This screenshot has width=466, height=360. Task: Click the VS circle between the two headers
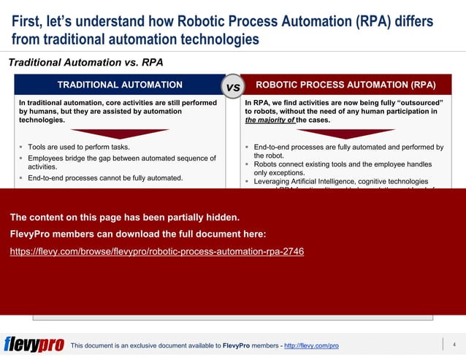coord(233,87)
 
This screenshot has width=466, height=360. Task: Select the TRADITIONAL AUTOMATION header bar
coord(120,85)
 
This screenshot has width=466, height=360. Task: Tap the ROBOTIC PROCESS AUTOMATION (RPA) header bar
coord(345,85)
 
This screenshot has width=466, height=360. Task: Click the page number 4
coord(454,344)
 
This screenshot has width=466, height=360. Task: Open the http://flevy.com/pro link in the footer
coord(311,345)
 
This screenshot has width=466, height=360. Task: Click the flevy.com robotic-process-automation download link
coord(157,251)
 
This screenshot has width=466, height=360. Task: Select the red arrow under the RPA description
coord(345,134)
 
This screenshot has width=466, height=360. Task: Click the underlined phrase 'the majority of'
coord(272,120)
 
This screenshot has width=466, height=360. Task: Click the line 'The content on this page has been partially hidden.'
coord(124,217)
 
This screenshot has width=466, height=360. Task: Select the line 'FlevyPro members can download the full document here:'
coord(138,234)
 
